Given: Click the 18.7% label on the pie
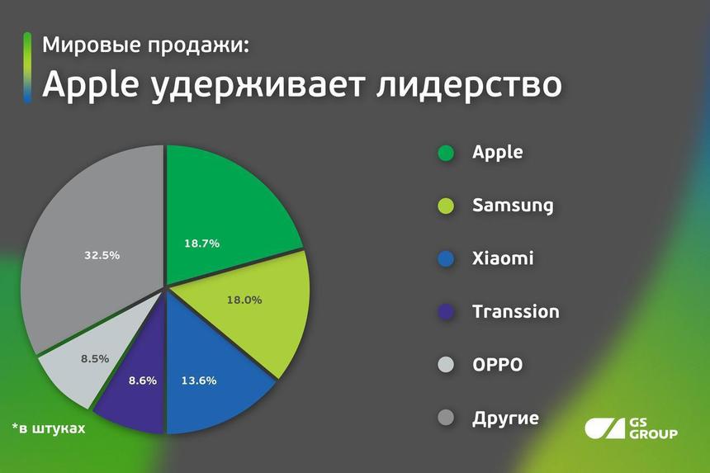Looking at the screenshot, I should click(203, 244).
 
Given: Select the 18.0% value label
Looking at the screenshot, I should click(244, 300).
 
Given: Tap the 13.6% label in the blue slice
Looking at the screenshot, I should click(199, 381).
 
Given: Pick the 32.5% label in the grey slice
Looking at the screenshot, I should click(102, 255).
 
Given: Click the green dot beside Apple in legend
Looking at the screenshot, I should click(446, 154).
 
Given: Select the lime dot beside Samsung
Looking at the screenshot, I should click(446, 206).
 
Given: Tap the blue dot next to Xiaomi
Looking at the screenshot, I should click(446, 259).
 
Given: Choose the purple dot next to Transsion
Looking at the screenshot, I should click(446, 312).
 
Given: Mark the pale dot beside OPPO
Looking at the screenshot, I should click(446, 365).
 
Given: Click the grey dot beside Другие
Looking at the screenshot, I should click(446, 419).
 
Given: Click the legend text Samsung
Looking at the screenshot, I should click(513, 206).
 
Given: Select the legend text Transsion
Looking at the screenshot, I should click(515, 311).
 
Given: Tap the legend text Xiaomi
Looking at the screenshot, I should click(503, 258).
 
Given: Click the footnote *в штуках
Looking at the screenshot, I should click(49, 429).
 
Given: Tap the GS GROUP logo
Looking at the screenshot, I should click(631, 428).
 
